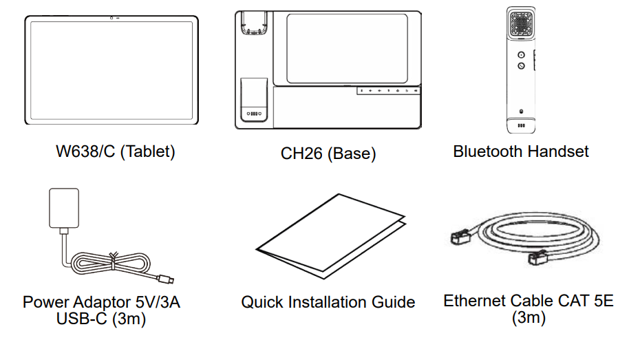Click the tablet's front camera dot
pyautogui.click(x=111, y=18)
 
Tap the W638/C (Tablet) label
pyautogui.click(x=116, y=151)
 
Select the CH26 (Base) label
pyautogui.click(x=328, y=153)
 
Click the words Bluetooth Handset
pyautogui.click(x=521, y=151)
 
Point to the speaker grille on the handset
pyautogui.click(x=521, y=23)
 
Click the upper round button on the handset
pyautogui.click(x=521, y=54)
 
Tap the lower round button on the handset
pyautogui.click(x=521, y=65)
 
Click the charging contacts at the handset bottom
pyautogui.click(x=521, y=125)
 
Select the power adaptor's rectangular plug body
pyautogui.click(x=64, y=208)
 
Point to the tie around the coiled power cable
pyautogui.click(x=114, y=261)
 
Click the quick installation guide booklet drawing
pyautogui.click(x=331, y=236)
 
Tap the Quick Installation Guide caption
pyautogui.click(x=328, y=302)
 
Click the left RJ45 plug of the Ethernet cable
pyautogui.click(x=460, y=237)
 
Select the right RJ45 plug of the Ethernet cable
pyautogui.click(x=538, y=257)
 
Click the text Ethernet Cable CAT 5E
pyautogui.click(x=529, y=301)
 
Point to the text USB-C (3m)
pyautogui.click(x=101, y=319)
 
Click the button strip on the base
pyautogui.click(x=389, y=91)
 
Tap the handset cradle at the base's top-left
pyautogui.click(x=254, y=23)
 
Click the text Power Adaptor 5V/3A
pyautogui.click(x=101, y=302)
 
